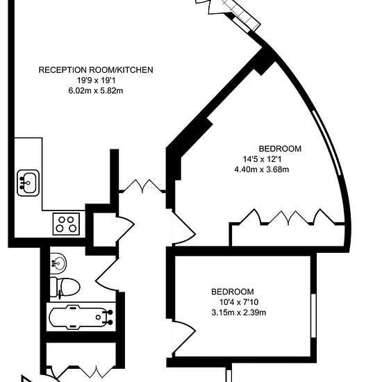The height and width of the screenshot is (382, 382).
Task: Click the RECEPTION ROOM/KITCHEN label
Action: tap(96, 70)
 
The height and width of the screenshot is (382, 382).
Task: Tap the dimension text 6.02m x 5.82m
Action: tap(96, 91)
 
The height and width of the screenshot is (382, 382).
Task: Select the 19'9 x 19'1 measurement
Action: tap(97, 80)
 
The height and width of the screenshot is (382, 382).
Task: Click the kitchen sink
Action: tap(28, 183)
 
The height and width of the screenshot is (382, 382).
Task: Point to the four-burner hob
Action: tap(66, 224)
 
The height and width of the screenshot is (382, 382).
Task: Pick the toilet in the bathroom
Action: tap(65, 287)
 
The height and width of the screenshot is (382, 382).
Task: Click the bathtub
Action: tap(81, 317)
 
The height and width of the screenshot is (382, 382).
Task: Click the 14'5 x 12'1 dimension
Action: tap(262, 159)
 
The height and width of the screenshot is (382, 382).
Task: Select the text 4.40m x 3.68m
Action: tap(262, 169)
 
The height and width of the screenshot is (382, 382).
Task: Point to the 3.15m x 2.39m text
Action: tap(239, 313)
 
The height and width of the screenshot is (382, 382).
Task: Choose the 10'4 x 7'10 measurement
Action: tap(239, 302)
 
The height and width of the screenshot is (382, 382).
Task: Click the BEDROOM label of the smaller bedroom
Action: tap(233, 292)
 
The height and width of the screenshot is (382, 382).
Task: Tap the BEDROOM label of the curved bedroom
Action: tap(280, 149)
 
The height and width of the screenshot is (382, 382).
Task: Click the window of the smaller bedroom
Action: tap(313, 315)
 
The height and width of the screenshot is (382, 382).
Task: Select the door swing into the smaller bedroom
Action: tap(183, 338)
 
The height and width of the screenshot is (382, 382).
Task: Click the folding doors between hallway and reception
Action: tap(142, 185)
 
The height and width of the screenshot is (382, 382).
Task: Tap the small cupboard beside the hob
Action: tap(104, 229)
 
